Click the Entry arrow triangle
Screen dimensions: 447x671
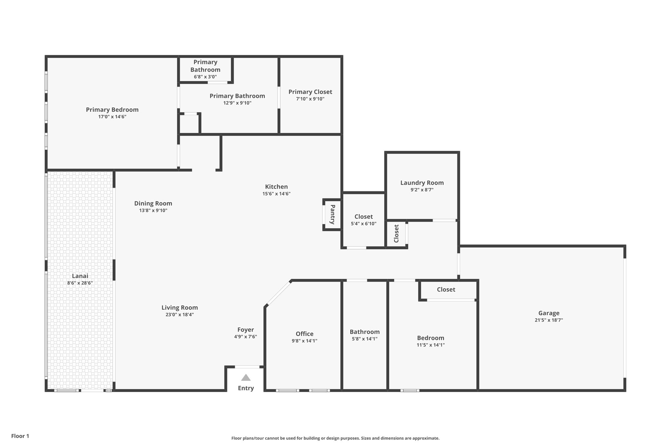pyautogui.click(x=246, y=378)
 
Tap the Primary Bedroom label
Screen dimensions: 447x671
pyautogui.click(x=112, y=110)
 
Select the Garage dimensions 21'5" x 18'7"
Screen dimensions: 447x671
pyautogui.click(x=548, y=320)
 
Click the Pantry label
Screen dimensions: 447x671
pyautogui.click(x=333, y=214)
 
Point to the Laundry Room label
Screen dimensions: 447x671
pyautogui.click(x=422, y=183)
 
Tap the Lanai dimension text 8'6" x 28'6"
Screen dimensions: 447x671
pyautogui.click(x=80, y=283)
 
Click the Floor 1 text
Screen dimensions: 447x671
pyautogui.click(x=20, y=436)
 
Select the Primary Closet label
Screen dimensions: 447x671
pyautogui.click(x=310, y=92)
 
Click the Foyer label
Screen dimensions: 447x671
pyautogui.click(x=245, y=330)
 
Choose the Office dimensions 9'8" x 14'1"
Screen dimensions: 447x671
pyautogui.click(x=304, y=341)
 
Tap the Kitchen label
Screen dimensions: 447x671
pyautogui.click(x=276, y=187)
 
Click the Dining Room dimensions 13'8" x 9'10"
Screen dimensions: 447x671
pyautogui.click(x=153, y=211)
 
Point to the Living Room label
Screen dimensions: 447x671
pyautogui.click(x=180, y=307)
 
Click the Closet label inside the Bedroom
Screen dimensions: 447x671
pyautogui.click(x=446, y=289)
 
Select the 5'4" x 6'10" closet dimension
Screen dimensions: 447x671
pyautogui.click(x=363, y=224)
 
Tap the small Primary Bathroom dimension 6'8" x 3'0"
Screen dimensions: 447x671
pyautogui.click(x=205, y=77)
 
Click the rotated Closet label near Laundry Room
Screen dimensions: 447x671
pyautogui.click(x=396, y=233)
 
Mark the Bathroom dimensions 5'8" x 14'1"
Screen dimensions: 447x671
pyautogui.click(x=364, y=339)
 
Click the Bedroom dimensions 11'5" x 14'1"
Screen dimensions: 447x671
pyautogui.click(x=431, y=345)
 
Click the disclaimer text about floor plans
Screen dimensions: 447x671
pyautogui.click(x=335, y=438)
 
